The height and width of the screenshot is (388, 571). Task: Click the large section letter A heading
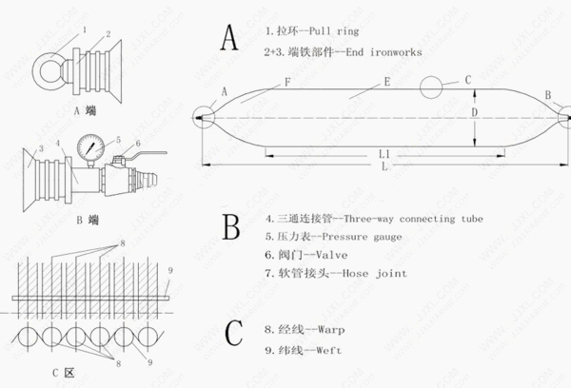[x=229, y=37]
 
